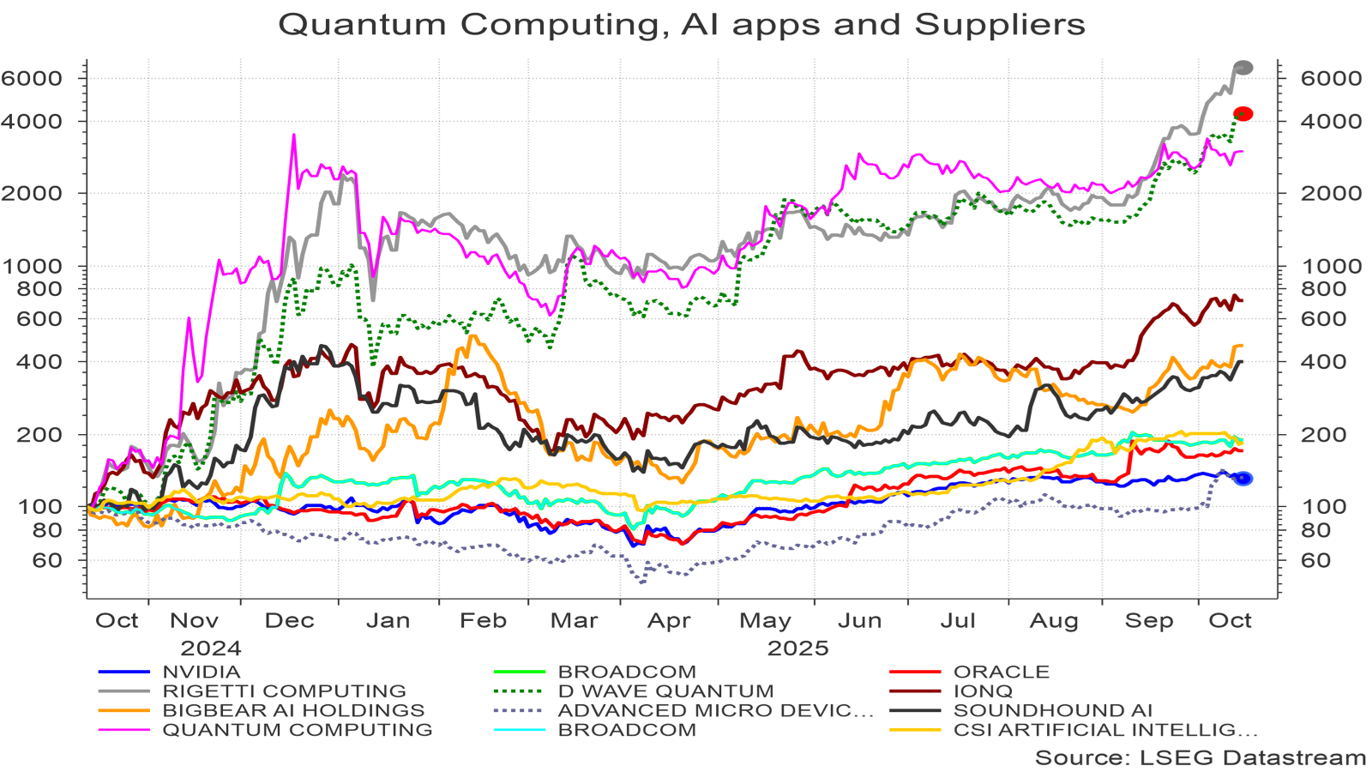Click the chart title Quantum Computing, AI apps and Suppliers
click(682, 24)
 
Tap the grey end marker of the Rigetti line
click(1243, 68)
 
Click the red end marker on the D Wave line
click(1243, 114)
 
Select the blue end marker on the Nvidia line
click(1243, 479)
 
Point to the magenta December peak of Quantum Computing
click(293, 136)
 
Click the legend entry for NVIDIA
click(201, 672)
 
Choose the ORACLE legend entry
click(1001, 672)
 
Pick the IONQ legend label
click(983, 691)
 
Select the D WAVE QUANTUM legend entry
click(665, 691)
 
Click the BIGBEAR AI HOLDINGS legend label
click(293, 710)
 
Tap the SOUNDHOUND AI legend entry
click(1052, 710)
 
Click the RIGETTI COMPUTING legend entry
click(284, 691)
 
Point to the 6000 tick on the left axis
click(32, 78)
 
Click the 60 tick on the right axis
click(1315, 560)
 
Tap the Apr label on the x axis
click(669, 621)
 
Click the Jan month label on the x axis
click(388, 621)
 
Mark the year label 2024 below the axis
click(211, 648)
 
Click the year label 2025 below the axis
click(797, 648)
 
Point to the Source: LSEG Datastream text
click(1200, 757)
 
